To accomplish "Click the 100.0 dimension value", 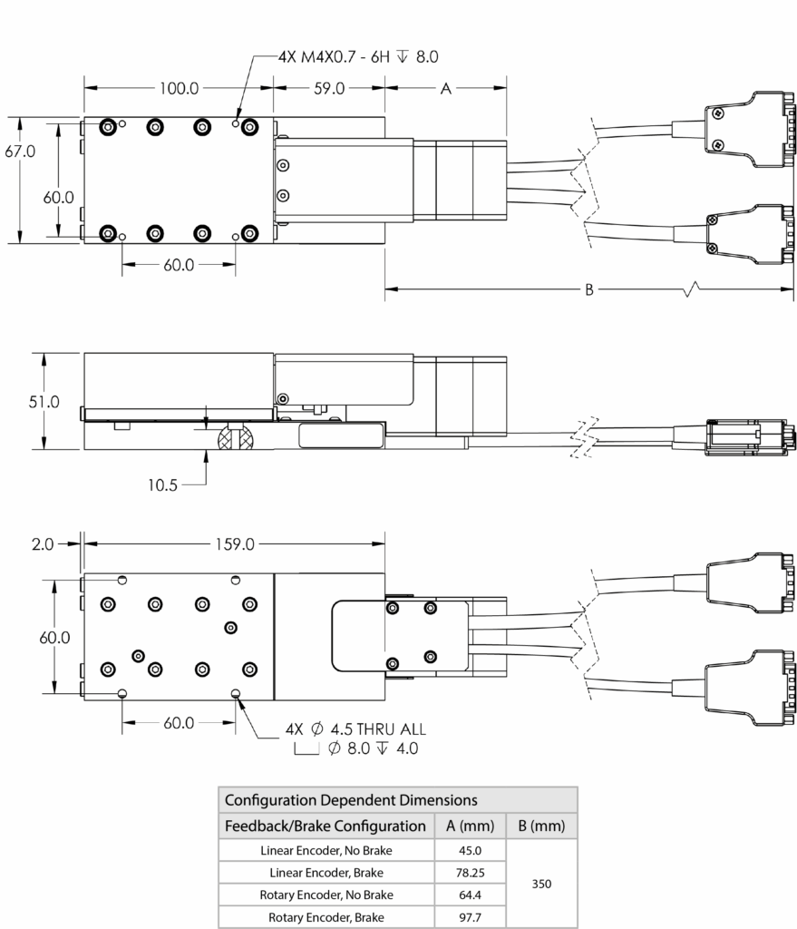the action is [179, 88].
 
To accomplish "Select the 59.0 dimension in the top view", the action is [329, 88].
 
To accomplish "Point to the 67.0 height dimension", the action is [20, 152].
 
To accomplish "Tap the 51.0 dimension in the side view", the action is [44, 402].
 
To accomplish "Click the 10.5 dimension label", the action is [162, 485].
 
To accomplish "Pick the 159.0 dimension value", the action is [235, 544].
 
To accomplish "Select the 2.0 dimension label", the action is [43, 544].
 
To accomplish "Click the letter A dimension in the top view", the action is [446, 89].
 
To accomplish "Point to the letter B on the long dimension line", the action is [589, 289].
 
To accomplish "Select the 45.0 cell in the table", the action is [471, 850].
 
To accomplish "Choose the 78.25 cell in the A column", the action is [471, 873].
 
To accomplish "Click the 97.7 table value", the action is [471, 917].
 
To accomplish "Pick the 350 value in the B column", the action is [541, 884].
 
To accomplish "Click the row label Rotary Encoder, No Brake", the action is [326, 895].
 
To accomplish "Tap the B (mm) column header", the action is [541, 826].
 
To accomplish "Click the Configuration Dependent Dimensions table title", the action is [351, 800].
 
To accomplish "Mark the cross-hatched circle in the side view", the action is [237, 436].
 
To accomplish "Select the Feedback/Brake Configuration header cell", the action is [326, 826].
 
